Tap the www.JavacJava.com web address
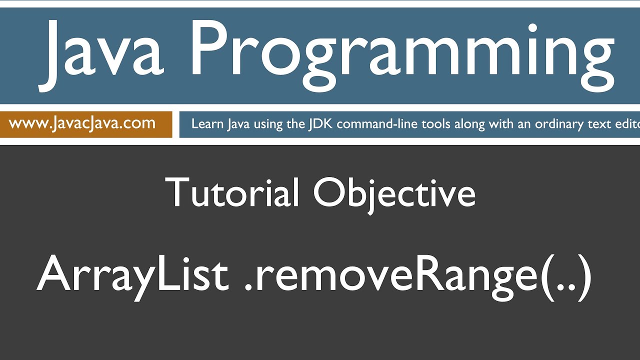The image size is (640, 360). click(x=82, y=123)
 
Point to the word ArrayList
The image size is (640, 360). click(x=132, y=275)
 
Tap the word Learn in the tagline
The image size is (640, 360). click(x=207, y=123)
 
